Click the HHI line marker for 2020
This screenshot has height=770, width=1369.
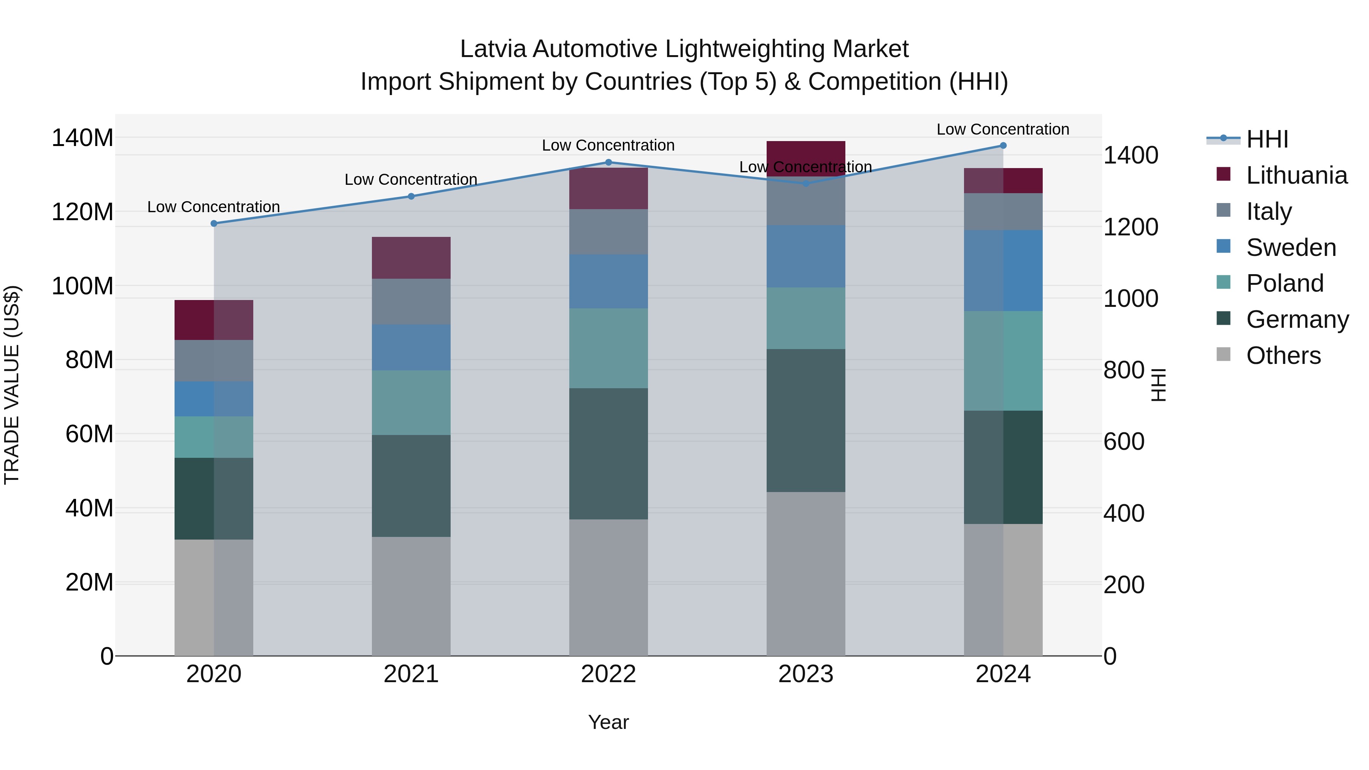click(x=214, y=224)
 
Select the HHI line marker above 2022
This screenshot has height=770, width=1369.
click(x=608, y=163)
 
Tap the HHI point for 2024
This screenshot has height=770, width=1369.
click(x=1003, y=146)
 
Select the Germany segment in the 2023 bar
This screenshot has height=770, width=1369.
click(x=806, y=420)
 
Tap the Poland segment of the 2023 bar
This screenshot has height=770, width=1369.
click(x=806, y=318)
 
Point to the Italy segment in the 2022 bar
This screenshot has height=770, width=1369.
click(x=608, y=232)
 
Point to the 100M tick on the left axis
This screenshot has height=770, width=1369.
click(x=83, y=286)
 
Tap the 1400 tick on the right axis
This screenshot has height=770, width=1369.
click(x=1131, y=155)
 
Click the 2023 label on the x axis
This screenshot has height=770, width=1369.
click(x=806, y=674)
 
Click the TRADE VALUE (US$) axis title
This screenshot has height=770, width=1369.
click(x=12, y=385)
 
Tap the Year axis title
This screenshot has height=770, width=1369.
click(x=608, y=722)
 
